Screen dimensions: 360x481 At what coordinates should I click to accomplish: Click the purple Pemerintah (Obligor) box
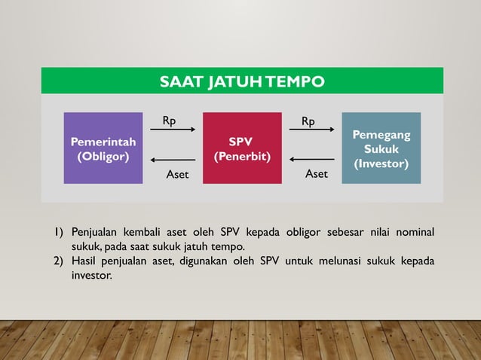[103, 148]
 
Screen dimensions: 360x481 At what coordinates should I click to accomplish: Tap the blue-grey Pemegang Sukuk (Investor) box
[381, 148]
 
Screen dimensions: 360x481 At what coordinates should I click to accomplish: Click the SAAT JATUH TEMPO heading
[242, 81]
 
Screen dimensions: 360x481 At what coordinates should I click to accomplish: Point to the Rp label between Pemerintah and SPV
[170, 121]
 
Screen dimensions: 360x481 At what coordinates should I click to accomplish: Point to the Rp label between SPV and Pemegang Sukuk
[308, 121]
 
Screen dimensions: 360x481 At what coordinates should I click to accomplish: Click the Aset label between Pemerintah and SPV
[177, 175]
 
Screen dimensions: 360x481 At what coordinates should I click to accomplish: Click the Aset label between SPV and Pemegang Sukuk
[317, 174]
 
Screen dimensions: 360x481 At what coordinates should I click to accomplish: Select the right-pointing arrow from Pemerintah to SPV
[173, 130]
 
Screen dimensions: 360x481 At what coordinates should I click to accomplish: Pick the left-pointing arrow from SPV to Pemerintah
[173, 160]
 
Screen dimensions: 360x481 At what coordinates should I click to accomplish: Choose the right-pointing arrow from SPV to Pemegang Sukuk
[311, 130]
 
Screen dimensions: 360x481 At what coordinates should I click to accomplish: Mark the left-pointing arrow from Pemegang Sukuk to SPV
[311, 160]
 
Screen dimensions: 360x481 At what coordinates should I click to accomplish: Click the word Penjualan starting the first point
[99, 230]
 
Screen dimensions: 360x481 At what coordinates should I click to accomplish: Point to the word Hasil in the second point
[84, 261]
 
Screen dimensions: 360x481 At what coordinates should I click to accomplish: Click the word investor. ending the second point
[92, 276]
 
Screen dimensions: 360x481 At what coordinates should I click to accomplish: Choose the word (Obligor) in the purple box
[103, 157]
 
